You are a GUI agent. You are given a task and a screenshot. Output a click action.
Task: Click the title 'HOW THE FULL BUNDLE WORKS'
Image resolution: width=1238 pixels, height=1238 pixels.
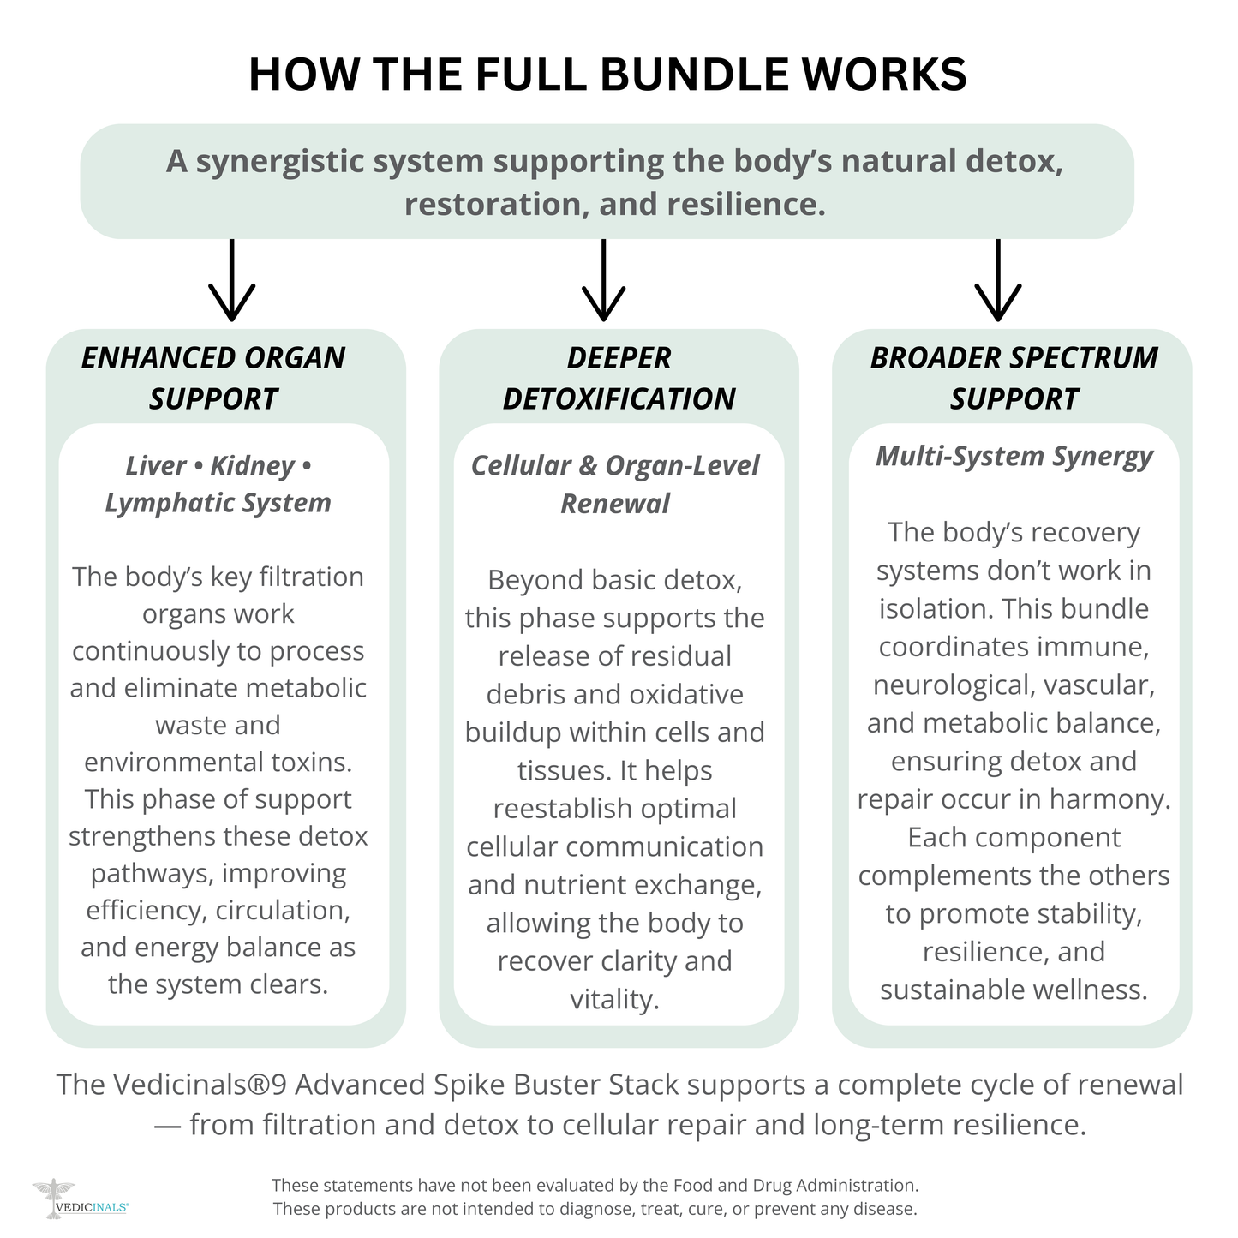click(607, 75)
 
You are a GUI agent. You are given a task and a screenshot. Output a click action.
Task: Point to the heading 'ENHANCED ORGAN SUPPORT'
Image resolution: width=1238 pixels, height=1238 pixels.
click(213, 378)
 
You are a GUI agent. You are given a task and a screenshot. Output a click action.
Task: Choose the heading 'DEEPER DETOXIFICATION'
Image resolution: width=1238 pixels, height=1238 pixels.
click(619, 378)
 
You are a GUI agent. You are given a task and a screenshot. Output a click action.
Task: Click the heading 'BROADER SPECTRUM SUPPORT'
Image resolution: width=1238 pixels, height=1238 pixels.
click(1014, 378)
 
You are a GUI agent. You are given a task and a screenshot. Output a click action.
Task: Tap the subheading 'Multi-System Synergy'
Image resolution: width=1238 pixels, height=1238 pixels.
click(1014, 456)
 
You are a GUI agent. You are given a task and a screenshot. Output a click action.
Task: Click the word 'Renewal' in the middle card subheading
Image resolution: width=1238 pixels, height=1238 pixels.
click(615, 504)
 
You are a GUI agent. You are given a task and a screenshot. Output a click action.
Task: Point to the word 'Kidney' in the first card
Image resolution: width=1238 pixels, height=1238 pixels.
click(252, 466)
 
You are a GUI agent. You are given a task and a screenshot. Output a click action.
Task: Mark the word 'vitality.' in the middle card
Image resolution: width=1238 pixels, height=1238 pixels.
click(614, 999)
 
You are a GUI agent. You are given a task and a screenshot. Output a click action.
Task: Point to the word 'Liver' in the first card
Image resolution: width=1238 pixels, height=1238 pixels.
click(155, 466)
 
